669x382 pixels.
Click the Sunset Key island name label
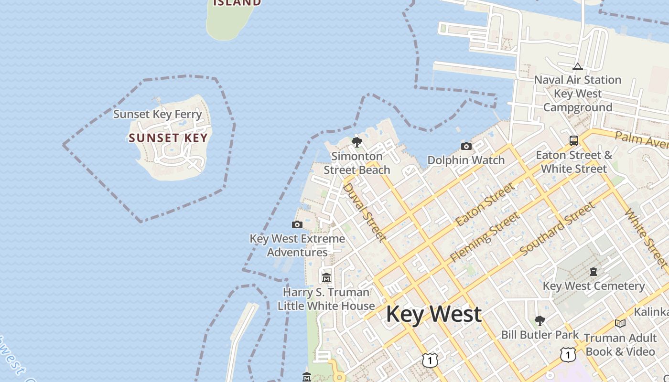point(168,138)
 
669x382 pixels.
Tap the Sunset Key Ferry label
point(158,114)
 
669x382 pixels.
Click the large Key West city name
point(433,314)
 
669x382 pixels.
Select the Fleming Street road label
point(485,237)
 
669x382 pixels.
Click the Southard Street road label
point(557,228)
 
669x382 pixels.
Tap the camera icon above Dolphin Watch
point(466,146)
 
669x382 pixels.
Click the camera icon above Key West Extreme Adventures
point(297,224)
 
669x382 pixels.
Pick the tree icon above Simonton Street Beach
point(356,142)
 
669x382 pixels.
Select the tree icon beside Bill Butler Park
point(540,320)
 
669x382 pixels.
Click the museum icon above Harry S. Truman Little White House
point(326,277)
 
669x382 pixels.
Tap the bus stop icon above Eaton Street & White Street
point(574,141)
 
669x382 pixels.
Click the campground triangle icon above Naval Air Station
point(577,66)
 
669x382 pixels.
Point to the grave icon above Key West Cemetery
point(593,272)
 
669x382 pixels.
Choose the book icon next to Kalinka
point(620,323)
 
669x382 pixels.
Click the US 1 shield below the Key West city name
point(430,360)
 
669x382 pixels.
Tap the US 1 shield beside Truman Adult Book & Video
point(568,354)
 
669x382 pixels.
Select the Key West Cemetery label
point(594,286)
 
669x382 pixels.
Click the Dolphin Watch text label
point(466,160)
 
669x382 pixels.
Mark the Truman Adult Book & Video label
point(620,344)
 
